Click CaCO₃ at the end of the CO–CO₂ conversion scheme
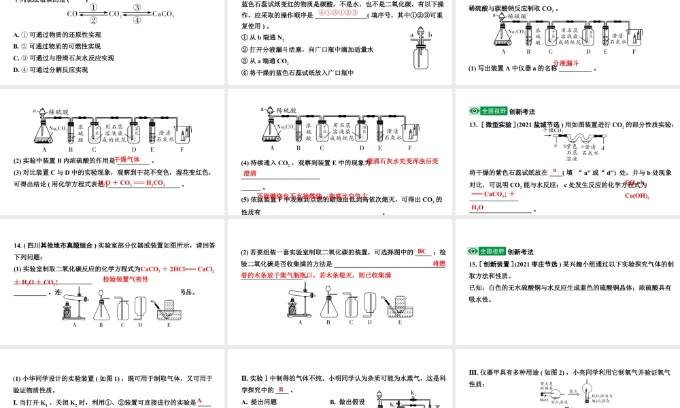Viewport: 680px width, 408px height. pos(164,14)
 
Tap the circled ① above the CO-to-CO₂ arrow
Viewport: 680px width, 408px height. pos(94,8)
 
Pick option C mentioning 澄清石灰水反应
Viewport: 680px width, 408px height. pos(63,58)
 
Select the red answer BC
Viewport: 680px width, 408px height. pos(422,252)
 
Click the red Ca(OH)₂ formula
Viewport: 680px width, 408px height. pos(638,197)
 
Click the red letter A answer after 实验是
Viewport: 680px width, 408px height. pos(200,401)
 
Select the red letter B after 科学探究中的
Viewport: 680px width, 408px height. pos(279,389)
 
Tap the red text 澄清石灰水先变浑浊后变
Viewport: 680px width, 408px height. pos(402,162)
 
